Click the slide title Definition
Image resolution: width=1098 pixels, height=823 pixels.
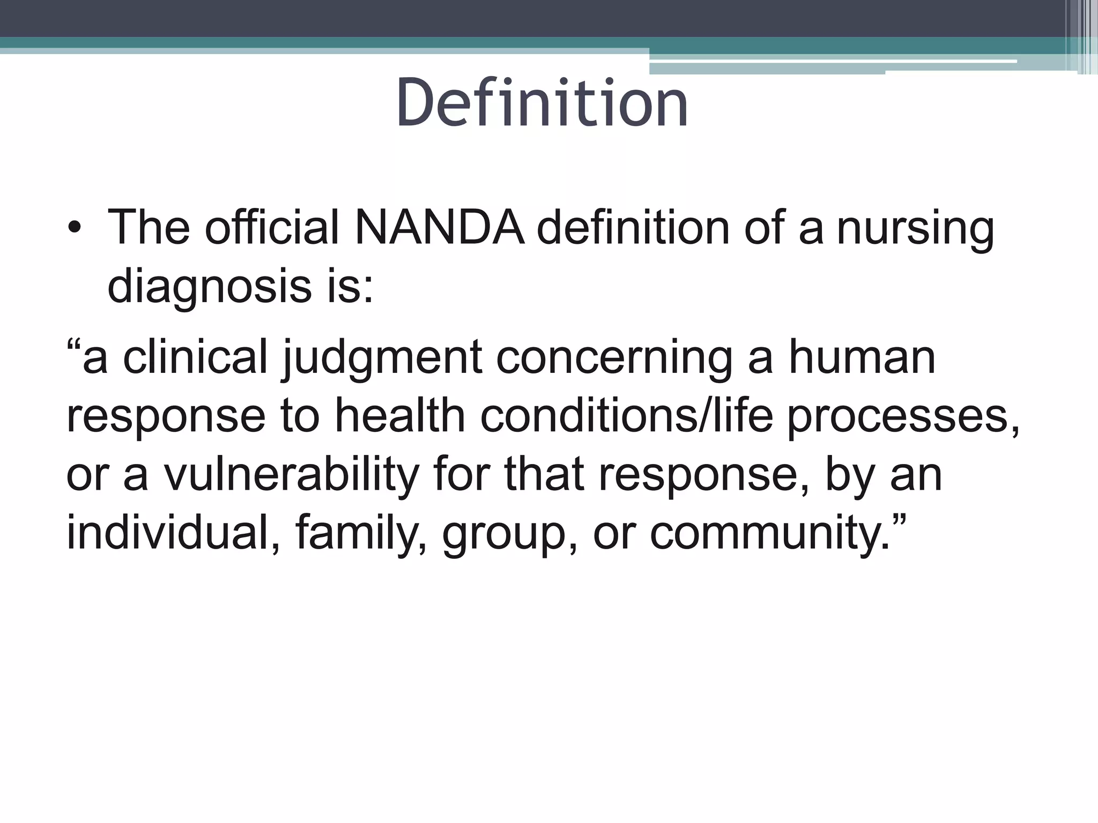(x=542, y=103)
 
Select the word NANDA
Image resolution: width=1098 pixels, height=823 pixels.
(x=439, y=228)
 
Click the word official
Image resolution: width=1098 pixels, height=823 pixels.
(x=272, y=228)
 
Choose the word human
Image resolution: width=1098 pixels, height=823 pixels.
(x=862, y=357)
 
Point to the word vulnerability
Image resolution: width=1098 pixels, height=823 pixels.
(x=291, y=476)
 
